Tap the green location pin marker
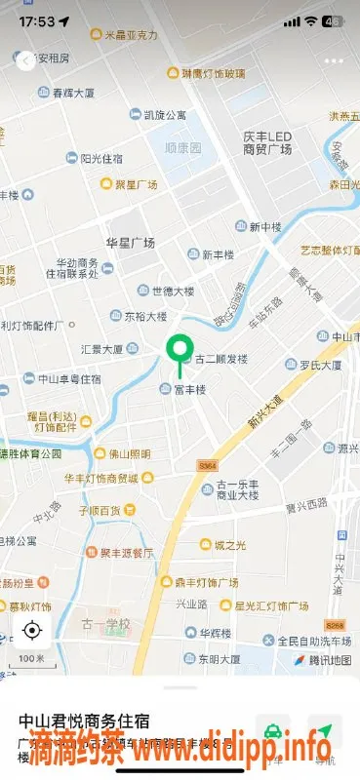click(179, 351)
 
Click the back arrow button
click(24, 60)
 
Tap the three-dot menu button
click(335, 60)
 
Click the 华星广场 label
click(131, 242)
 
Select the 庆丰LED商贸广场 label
click(267, 142)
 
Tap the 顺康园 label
click(181, 149)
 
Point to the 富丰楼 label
click(189, 390)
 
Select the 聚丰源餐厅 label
click(127, 552)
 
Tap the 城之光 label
click(230, 544)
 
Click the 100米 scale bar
click(31, 659)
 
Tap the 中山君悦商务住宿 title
click(84, 721)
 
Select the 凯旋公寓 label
click(165, 115)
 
